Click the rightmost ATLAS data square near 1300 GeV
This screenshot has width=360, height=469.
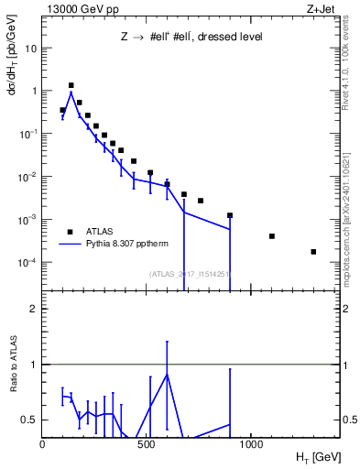pyautogui.click(x=313, y=252)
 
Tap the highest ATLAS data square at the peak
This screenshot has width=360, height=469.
pyautogui.click(x=71, y=85)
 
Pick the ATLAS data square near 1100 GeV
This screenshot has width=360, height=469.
pyautogui.click(x=272, y=236)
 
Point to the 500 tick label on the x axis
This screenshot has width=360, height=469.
pyautogui.click(x=147, y=444)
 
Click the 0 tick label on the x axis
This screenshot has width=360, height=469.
pyautogui.click(x=43, y=444)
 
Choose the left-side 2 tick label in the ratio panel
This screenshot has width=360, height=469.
pyautogui.click(x=33, y=309)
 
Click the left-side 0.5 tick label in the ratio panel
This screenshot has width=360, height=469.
pyautogui.click(x=28, y=420)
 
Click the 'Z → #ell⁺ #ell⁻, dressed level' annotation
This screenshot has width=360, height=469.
pyautogui.click(x=192, y=38)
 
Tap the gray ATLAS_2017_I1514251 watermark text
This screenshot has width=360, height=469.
pyautogui.click(x=189, y=273)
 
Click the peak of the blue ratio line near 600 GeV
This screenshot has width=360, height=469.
pyautogui.click(x=167, y=375)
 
